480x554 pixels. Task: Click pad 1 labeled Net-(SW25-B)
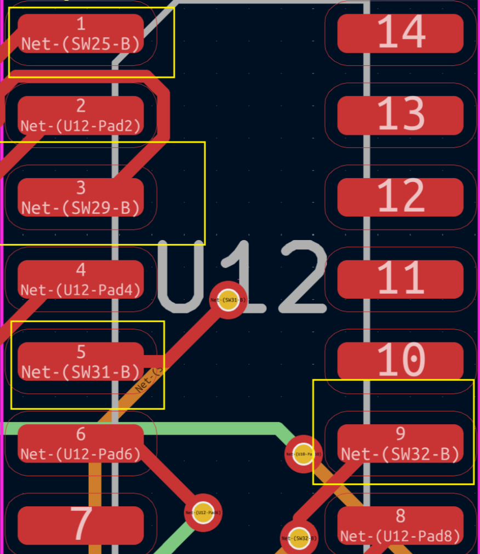(81, 33)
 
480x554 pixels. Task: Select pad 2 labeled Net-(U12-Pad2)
(81, 115)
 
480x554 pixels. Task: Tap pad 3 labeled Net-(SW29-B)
(81, 197)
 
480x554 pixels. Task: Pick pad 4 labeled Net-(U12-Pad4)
(81, 279)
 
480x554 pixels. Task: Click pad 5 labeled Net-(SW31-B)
(81, 362)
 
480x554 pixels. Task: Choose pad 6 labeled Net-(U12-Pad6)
(81, 443)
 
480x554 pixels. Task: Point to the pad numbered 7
(81, 525)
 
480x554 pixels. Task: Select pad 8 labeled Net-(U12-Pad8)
(401, 525)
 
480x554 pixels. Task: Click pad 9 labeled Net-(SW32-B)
(401, 443)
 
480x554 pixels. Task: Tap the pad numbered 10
(401, 362)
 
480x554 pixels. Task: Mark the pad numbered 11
(401, 279)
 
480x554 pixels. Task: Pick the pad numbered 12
(401, 197)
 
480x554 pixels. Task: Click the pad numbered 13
(401, 115)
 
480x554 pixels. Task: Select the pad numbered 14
(401, 33)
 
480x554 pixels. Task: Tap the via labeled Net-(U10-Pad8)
(303, 454)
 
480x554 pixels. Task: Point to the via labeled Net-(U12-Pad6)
(203, 512)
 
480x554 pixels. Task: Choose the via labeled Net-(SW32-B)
(299, 538)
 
